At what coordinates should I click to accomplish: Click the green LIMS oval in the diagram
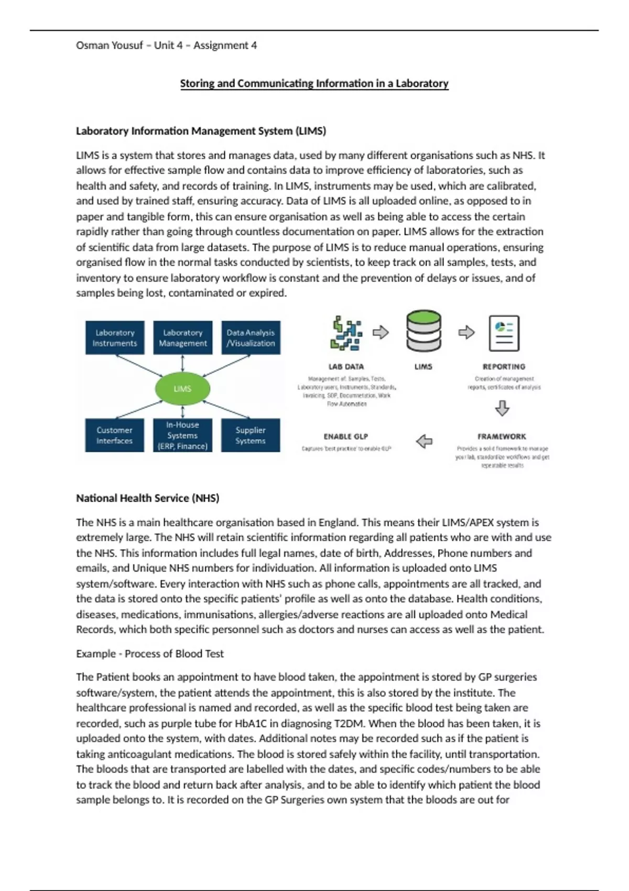pos(182,389)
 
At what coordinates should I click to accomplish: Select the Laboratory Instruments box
pos(115,338)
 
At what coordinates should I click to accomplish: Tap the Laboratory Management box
pos(182,338)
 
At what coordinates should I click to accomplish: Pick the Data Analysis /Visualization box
pos(251,338)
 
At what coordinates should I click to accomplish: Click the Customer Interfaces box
pos(114,436)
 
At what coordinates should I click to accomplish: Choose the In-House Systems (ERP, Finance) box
pos(182,436)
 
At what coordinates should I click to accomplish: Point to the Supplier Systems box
pos(251,436)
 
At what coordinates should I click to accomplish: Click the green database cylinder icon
pos(424,331)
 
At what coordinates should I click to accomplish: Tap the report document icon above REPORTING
pos(504,333)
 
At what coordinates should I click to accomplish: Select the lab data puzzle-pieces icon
pos(346,333)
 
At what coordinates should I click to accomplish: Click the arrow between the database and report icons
pos(466,332)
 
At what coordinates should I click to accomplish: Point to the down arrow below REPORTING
pos(502,408)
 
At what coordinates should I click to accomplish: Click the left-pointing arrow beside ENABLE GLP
pos(424,441)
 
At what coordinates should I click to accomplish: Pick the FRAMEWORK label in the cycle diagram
pos(502,437)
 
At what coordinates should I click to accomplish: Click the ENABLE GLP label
pos(346,437)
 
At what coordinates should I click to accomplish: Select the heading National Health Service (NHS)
pos(147,498)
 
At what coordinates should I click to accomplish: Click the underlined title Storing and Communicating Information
pos(314,83)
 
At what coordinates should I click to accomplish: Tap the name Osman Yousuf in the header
pos(109,46)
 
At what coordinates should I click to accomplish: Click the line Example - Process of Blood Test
pos(149,654)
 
